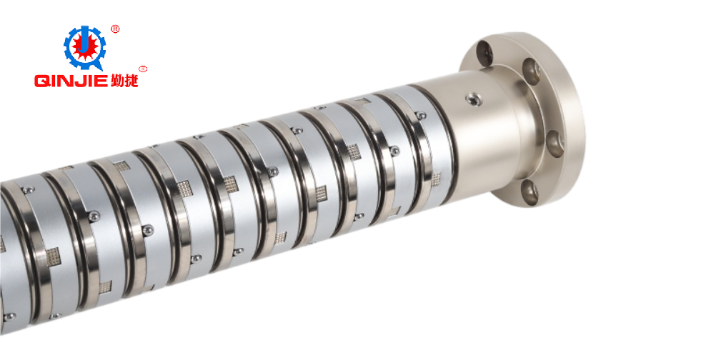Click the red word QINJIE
point(71,81)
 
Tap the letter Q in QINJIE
point(41,81)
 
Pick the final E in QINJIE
point(101,81)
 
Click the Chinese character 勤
point(116,80)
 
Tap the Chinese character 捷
point(131,80)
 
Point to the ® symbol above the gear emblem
point(115,29)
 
